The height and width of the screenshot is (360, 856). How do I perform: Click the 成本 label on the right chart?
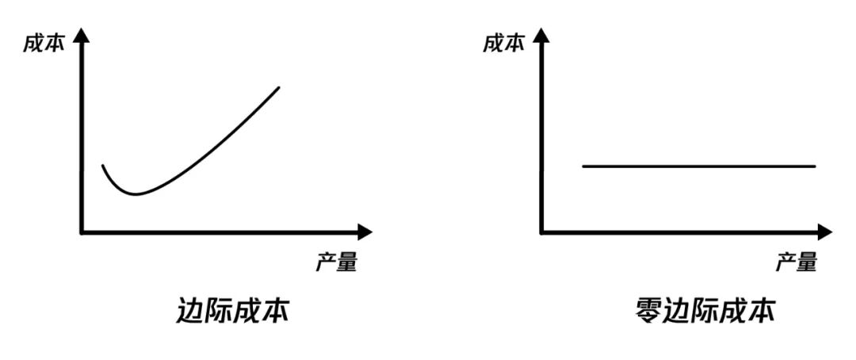pyautogui.click(x=504, y=44)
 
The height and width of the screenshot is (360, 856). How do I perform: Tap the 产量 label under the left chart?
pyautogui.click(x=336, y=262)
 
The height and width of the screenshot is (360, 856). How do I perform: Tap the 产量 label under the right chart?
pyautogui.click(x=796, y=262)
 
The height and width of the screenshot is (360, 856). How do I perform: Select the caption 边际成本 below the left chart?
pyautogui.click(x=231, y=311)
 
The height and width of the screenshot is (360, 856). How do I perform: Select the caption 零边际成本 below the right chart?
pyautogui.click(x=704, y=311)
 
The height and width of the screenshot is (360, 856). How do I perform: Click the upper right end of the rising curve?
pyautogui.click(x=279, y=86)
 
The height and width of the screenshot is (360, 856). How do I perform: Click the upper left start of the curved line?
pyautogui.click(x=102, y=166)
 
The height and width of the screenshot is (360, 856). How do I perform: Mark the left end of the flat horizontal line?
pyautogui.click(x=583, y=167)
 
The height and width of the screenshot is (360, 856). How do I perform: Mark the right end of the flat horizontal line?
pyautogui.click(x=815, y=167)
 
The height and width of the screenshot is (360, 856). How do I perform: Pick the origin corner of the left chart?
pyautogui.click(x=82, y=232)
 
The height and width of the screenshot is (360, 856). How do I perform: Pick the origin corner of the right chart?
pyautogui.click(x=541, y=232)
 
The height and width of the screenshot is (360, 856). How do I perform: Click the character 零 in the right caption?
pyautogui.click(x=649, y=311)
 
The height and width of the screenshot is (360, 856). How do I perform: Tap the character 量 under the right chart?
pyautogui.click(x=806, y=262)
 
